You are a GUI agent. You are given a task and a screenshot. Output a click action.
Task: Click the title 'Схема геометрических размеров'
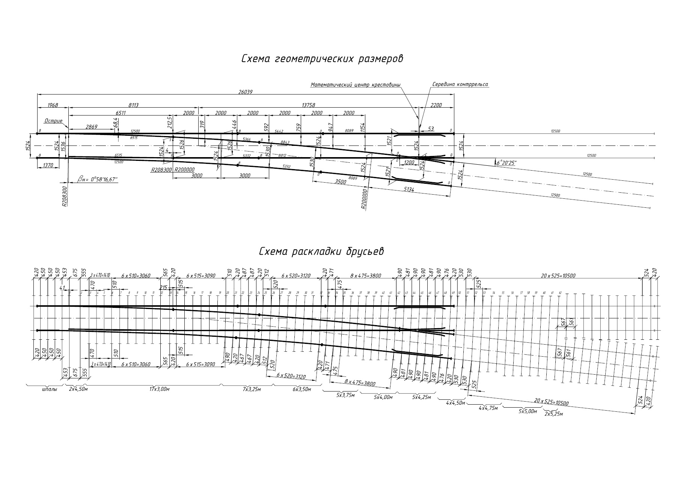pyautogui.click(x=322, y=59)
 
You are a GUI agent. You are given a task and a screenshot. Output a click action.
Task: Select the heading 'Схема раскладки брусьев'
pyautogui.click(x=321, y=252)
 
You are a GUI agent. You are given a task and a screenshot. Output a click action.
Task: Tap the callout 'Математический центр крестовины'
pyautogui.click(x=355, y=85)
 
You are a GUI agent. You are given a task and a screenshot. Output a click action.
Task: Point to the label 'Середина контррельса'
pyautogui.click(x=460, y=84)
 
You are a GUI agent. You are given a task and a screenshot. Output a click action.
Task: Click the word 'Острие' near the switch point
pyautogui.click(x=53, y=121)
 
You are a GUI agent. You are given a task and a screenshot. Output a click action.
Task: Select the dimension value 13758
pyautogui.click(x=309, y=105)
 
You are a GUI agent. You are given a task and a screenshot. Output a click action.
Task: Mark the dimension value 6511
pyautogui.click(x=120, y=113)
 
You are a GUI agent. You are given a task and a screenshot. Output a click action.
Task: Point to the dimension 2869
pyautogui.click(x=91, y=127)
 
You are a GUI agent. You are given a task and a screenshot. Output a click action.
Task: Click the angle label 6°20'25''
pyautogui.click(x=506, y=163)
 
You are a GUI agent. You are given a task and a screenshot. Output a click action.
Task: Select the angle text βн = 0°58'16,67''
pyautogui.click(x=98, y=180)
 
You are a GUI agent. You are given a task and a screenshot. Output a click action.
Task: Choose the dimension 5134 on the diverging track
pyautogui.click(x=409, y=190)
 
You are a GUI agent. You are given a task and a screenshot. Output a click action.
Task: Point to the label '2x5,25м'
pyautogui.click(x=554, y=414)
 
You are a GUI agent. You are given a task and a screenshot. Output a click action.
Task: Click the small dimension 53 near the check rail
pyautogui.click(x=431, y=129)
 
